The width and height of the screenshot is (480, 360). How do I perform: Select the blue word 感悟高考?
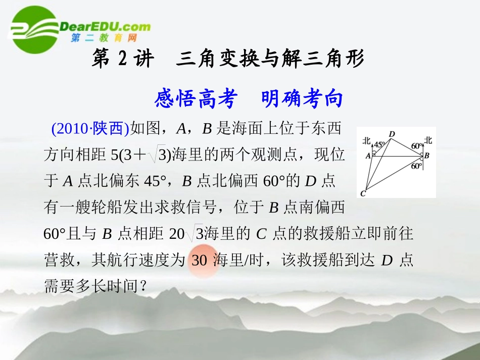(196, 99)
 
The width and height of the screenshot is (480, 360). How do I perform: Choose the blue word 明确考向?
(302, 99)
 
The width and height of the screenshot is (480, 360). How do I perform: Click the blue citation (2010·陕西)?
(90, 129)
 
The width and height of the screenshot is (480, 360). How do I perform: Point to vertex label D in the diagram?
(392, 134)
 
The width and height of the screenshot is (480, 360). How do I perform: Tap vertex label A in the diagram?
(368, 156)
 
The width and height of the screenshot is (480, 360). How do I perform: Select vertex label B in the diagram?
(427, 156)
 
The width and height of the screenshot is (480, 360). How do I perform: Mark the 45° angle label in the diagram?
(379, 145)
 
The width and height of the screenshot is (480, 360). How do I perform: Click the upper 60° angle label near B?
(417, 146)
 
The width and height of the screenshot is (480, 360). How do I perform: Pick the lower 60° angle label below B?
(416, 166)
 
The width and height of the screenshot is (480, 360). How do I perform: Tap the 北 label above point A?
(367, 142)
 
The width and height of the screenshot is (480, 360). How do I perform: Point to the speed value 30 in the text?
(200, 261)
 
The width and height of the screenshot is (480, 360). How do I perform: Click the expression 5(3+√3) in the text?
(141, 155)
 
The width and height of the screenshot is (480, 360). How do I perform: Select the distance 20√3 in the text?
(186, 234)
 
